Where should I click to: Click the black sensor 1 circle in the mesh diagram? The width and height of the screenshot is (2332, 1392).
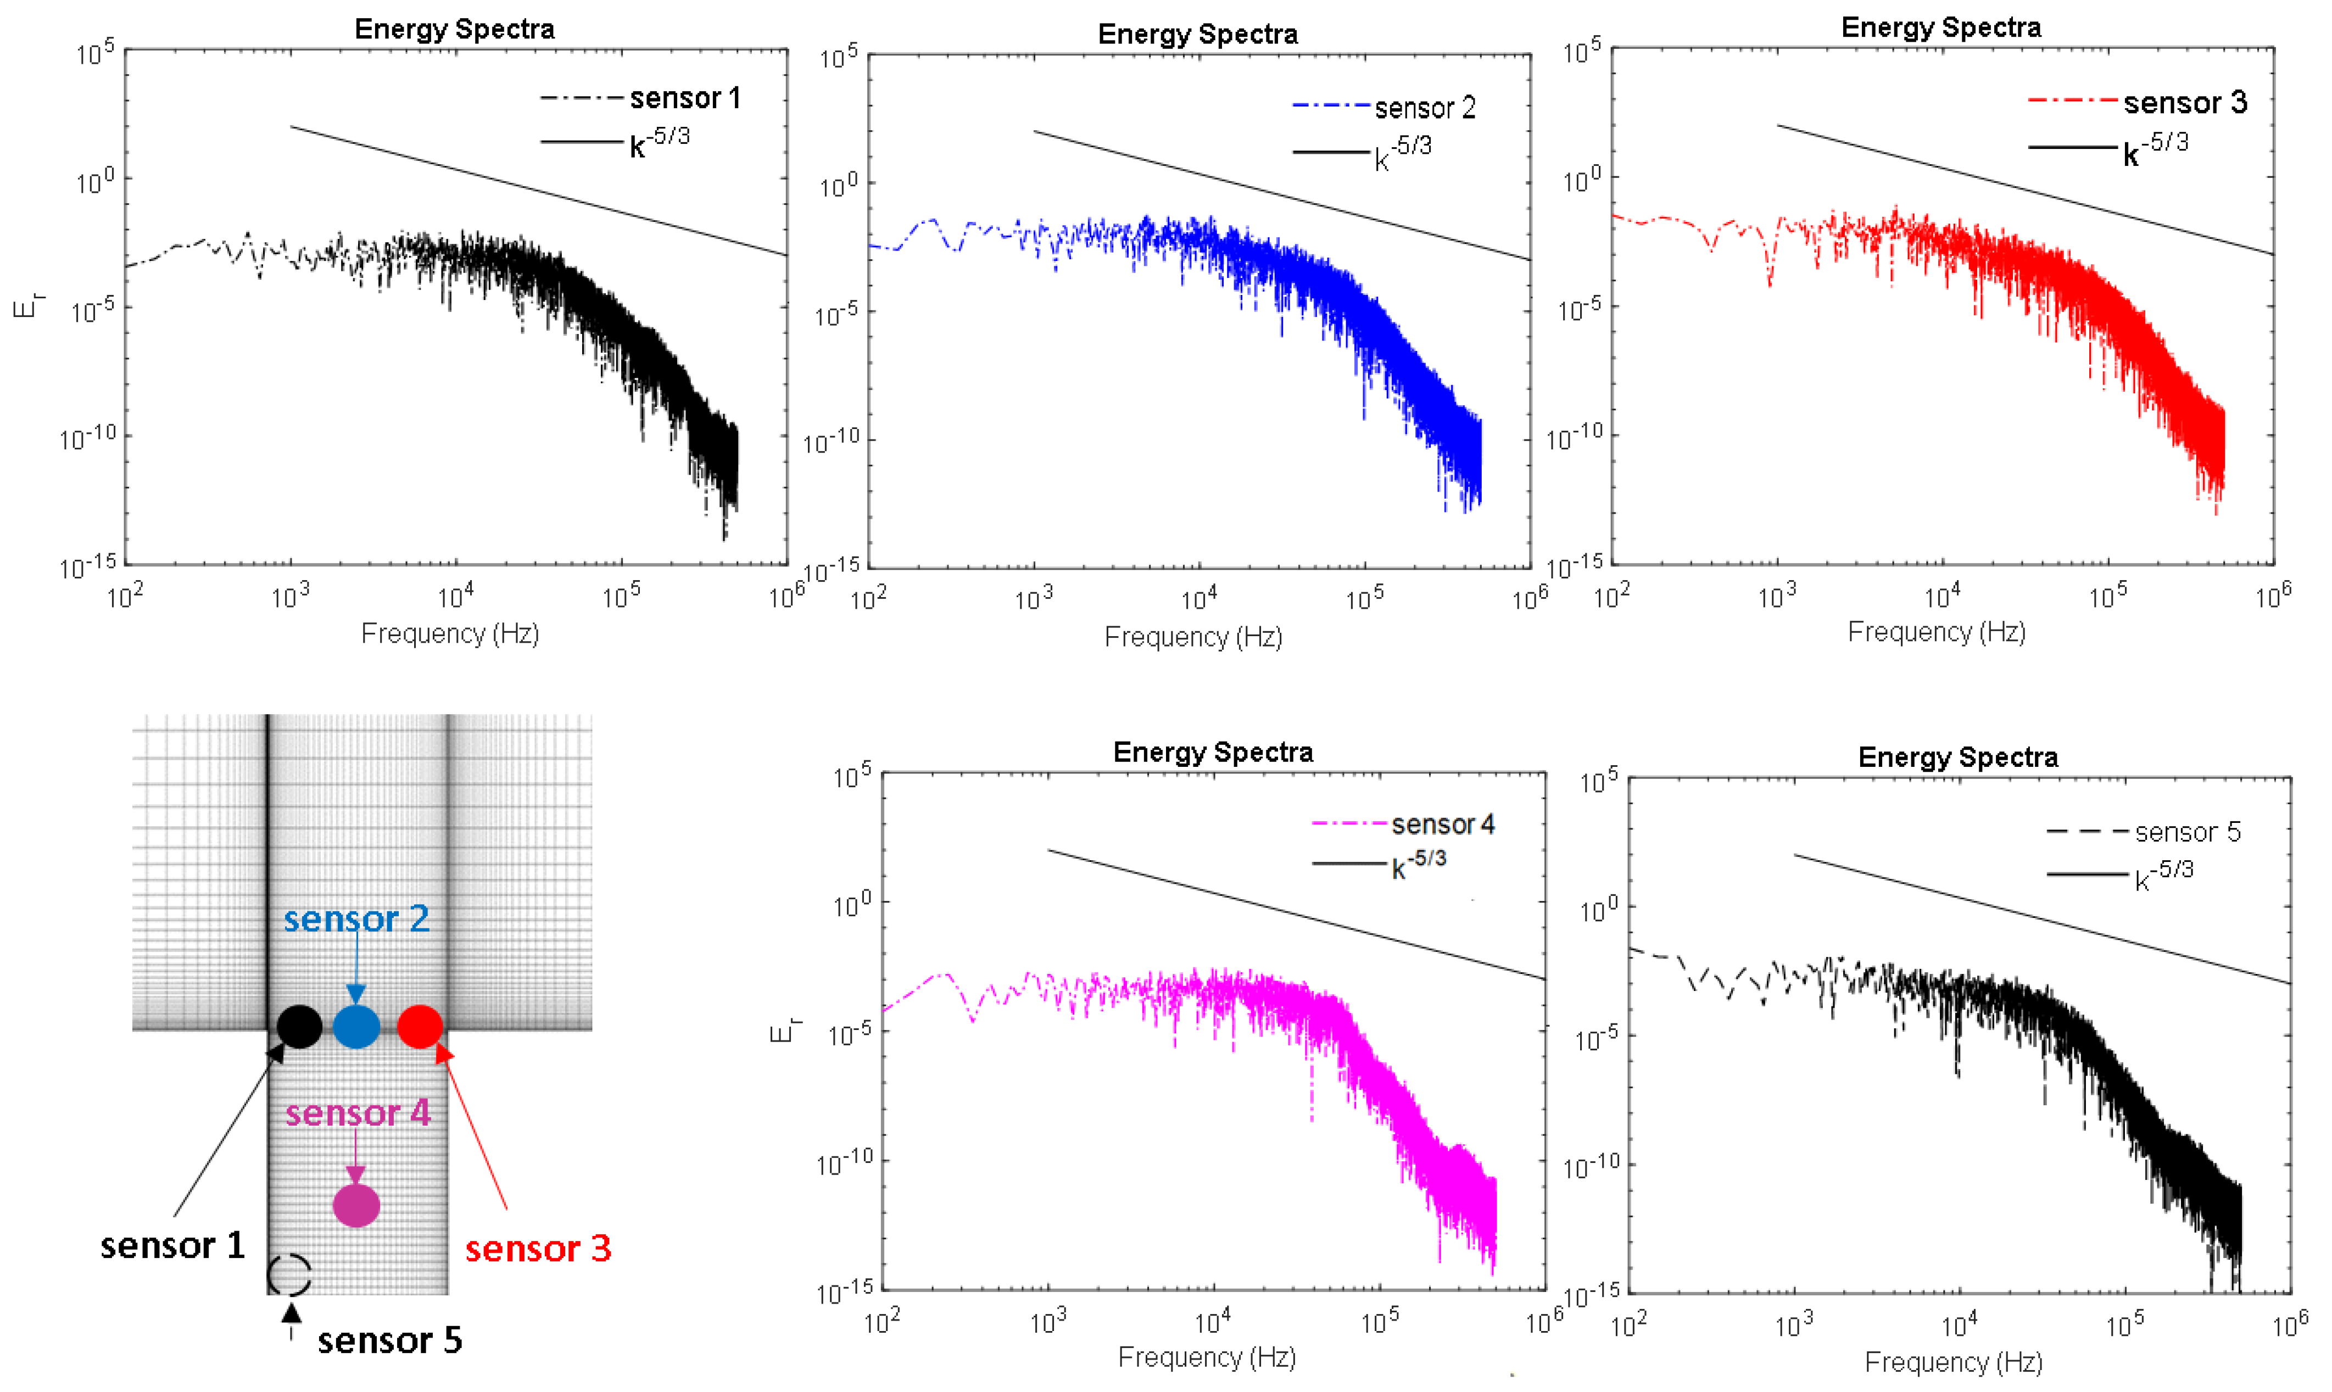coord(299,1026)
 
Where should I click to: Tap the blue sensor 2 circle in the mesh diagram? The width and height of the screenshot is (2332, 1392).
coord(356,1026)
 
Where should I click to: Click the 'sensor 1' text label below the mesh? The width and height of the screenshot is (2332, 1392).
coord(172,1246)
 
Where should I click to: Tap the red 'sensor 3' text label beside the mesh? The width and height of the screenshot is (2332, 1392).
coord(538,1249)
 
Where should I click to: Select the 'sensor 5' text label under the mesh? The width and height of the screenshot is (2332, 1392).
coord(389,1340)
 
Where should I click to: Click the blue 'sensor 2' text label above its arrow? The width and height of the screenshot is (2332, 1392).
coord(356,918)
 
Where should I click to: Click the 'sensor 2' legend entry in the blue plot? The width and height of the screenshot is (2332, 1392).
coord(1424,108)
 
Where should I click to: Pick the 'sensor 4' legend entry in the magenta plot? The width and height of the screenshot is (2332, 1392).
coord(1442,825)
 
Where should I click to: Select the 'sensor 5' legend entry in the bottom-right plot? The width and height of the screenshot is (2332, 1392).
coord(2186,832)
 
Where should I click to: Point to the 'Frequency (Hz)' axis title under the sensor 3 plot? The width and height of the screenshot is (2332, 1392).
coord(1937,632)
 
